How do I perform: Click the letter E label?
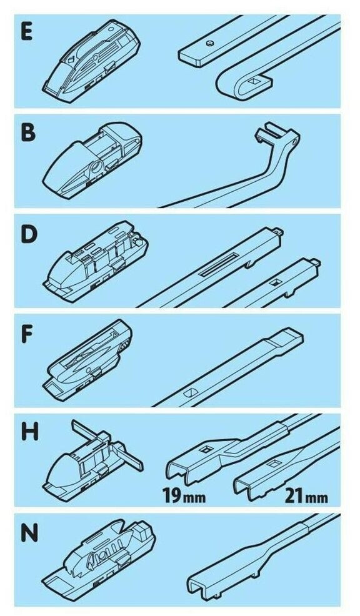point(27,32)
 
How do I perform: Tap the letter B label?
point(28,132)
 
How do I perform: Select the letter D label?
point(28,234)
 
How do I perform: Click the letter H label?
point(29,432)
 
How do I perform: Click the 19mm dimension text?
point(184,497)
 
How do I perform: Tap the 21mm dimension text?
point(306,497)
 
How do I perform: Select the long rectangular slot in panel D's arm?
point(219,264)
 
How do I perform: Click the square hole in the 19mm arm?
point(207,449)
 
